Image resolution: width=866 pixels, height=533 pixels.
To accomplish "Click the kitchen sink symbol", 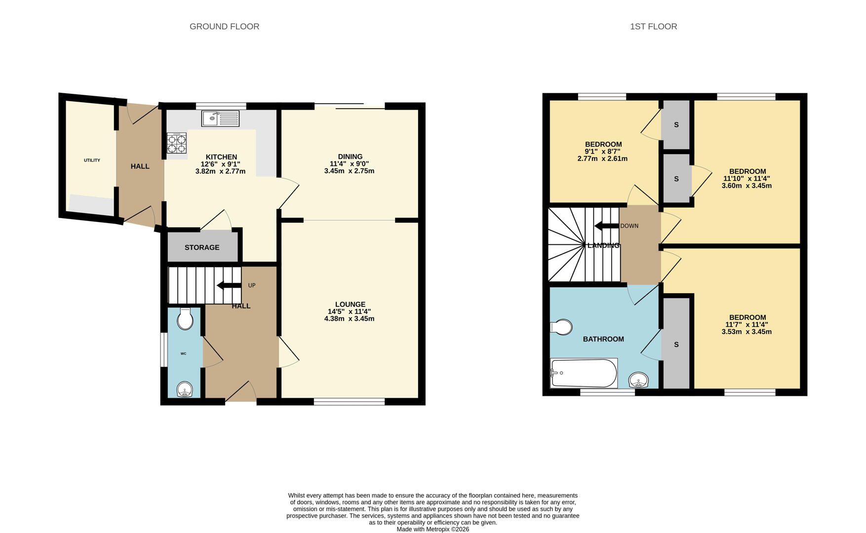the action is click(220, 118).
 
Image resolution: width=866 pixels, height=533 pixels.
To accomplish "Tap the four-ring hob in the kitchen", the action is click(177, 143).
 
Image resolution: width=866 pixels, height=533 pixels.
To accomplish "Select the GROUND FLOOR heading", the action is click(225, 27).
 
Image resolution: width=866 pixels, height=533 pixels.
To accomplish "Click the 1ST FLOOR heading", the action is click(653, 27).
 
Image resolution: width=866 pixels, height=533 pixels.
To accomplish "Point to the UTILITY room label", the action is click(92, 160).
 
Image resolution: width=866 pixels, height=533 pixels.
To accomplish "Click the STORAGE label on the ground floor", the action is click(202, 247).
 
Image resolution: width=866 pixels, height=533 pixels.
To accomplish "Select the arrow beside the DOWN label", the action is click(606, 226).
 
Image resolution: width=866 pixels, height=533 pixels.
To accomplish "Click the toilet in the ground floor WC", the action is click(185, 319).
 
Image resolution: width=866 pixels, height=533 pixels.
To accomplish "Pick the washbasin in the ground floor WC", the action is click(185, 389).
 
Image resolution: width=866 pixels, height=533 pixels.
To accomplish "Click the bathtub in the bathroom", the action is click(584, 373).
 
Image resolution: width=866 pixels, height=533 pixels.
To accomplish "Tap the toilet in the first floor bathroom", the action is click(561, 327).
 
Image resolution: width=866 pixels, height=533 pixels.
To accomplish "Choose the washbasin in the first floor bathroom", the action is click(638, 380).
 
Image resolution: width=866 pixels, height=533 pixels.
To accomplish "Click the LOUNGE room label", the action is click(350, 305).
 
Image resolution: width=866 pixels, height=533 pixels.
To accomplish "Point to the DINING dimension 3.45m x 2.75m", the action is click(349, 171).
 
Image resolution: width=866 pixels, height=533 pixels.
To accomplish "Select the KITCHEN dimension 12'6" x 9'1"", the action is click(220, 164).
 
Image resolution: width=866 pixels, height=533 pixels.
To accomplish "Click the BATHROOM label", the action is click(603, 339).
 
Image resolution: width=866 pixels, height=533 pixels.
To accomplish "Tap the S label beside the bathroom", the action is click(676, 344).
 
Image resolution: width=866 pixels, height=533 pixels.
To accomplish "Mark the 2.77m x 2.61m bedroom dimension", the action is click(602, 159).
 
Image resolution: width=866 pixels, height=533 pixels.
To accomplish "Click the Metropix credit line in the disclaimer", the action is click(433, 529).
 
